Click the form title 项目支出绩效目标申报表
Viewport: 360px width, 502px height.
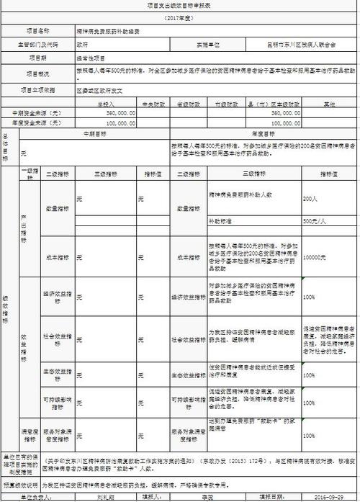180,5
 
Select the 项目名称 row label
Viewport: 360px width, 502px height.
37,32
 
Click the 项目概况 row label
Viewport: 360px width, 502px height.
37,73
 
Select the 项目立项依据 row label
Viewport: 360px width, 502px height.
37,91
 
